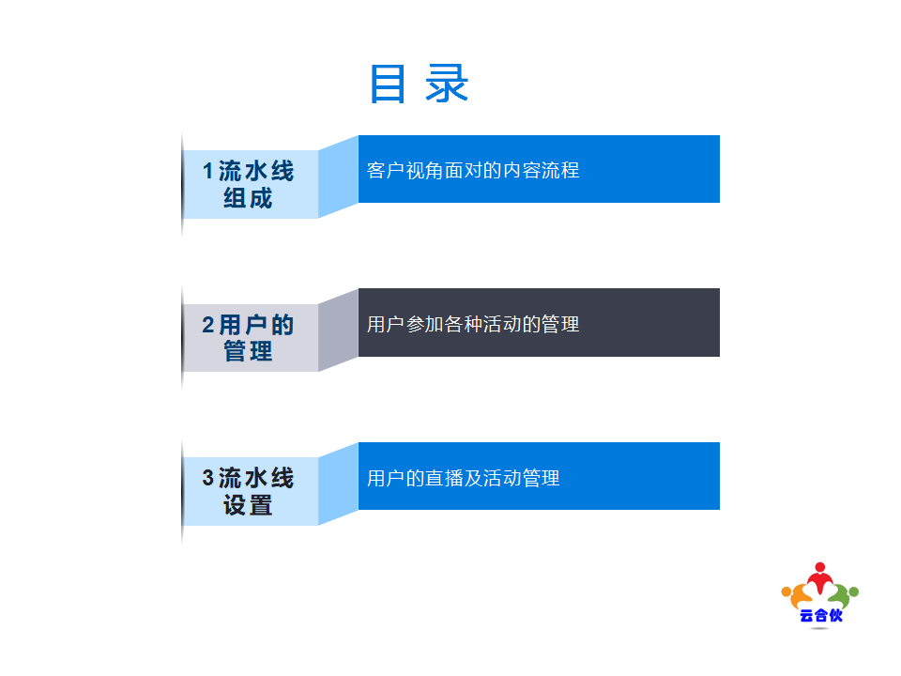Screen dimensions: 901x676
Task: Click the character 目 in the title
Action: (388, 84)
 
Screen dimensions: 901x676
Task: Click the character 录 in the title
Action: (447, 84)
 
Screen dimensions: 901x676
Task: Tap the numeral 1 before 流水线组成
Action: (208, 171)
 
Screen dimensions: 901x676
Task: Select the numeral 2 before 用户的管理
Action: (208, 325)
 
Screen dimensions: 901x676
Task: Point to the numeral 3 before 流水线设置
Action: (208, 478)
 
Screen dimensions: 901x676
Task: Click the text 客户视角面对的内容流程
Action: (473, 170)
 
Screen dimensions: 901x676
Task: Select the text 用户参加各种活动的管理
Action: (473, 324)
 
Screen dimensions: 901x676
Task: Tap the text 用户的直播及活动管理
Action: (463, 478)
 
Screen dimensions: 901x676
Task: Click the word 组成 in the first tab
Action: (248, 198)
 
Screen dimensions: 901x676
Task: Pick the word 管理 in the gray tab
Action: (248, 351)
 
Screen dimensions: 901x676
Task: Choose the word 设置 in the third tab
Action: (248, 505)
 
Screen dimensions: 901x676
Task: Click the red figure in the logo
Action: (820, 578)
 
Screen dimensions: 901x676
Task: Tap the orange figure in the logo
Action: (796, 595)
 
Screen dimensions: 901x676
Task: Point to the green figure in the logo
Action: (844, 595)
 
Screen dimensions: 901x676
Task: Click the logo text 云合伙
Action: (820, 616)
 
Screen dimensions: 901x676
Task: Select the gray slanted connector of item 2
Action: (339, 330)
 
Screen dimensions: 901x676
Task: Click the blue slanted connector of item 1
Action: (339, 177)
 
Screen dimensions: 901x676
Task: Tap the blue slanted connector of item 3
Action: (339, 484)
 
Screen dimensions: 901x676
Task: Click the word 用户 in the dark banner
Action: (386, 324)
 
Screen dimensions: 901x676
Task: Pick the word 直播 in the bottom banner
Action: (444, 478)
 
